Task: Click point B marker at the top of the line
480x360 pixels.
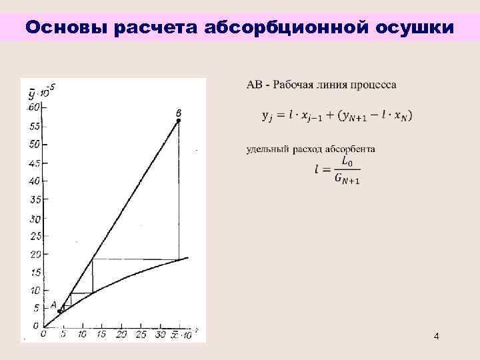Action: [x=179, y=121]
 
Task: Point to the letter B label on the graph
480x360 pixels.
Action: [x=179, y=113]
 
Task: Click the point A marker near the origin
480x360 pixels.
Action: [x=59, y=311]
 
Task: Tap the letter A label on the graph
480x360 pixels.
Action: [x=53, y=305]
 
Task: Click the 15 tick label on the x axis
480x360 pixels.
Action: [x=101, y=334]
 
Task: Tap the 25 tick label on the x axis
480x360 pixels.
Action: [x=140, y=334]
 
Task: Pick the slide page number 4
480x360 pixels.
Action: [x=436, y=337]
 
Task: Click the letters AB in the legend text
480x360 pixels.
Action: [x=255, y=85]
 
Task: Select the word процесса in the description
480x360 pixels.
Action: [x=377, y=85]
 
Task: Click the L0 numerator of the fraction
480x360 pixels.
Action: [x=347, y=161]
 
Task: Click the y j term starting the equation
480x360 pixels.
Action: [x=266, y=115]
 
